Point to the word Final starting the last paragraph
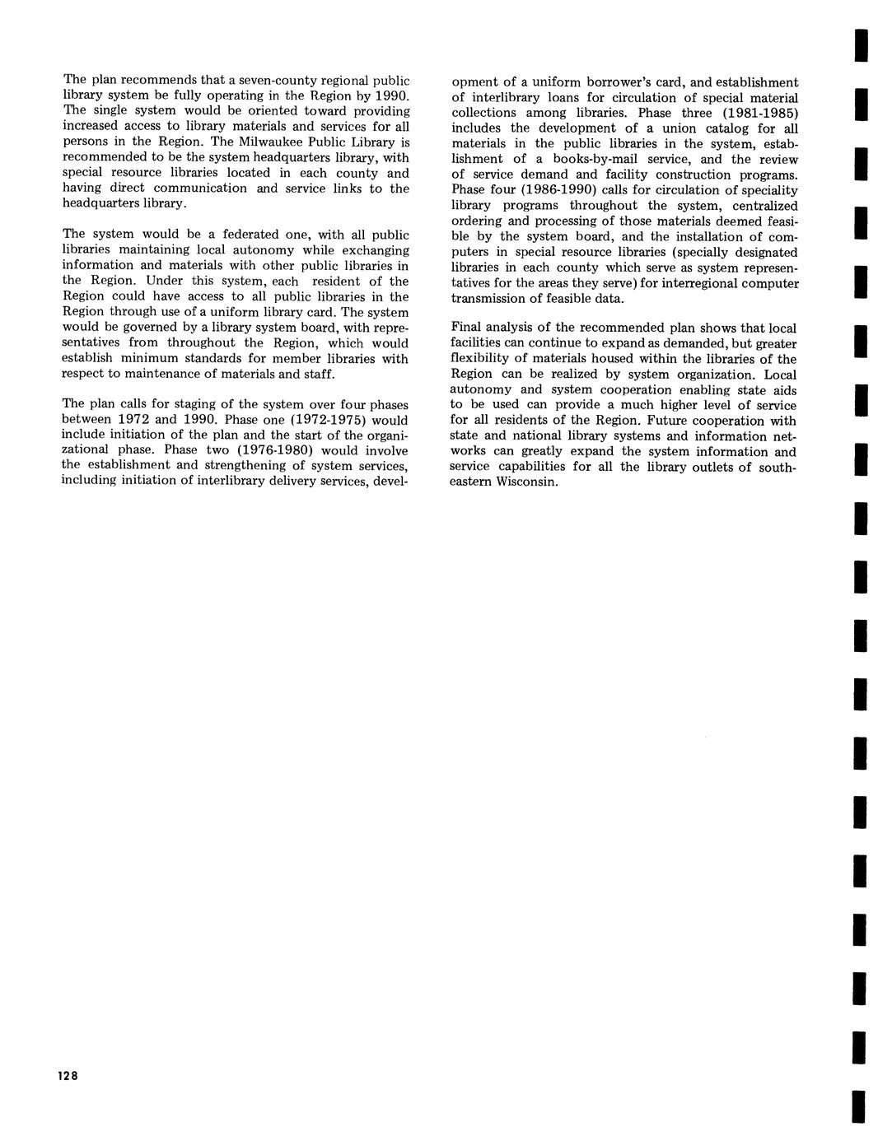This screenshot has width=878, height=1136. pyautogui.click(x=467, y=328)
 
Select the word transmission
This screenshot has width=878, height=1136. pyautogui.click(x=488, y=299)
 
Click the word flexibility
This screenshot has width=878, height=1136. pyautogui.click(x=482, y=358)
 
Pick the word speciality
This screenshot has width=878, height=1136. pyautogui.click(x=768, y=190)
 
